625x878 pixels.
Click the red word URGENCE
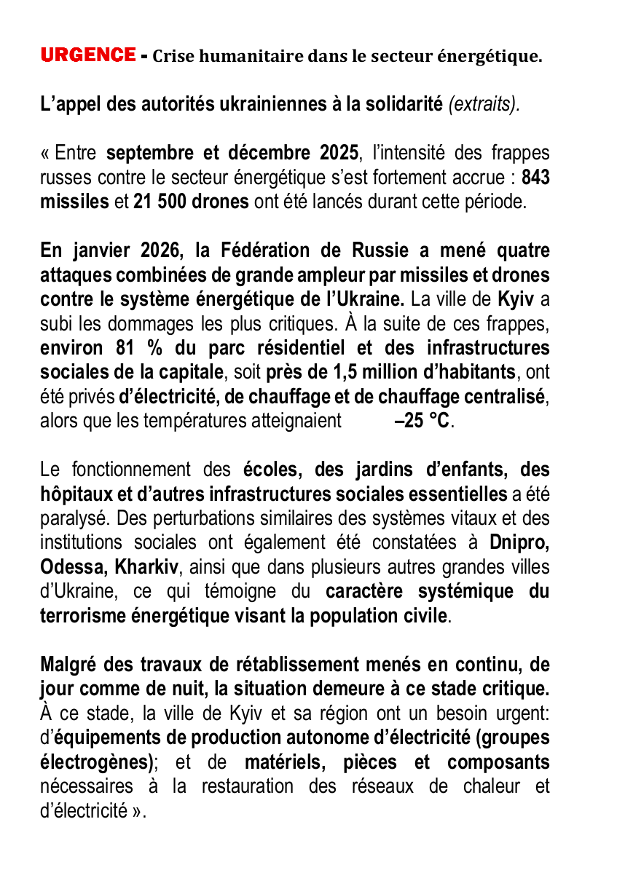click(x=87, y=55)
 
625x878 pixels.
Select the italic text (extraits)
click(x=484, y=104)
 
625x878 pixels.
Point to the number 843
click(x=535, y=178)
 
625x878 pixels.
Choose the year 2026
click(x=159, y=251)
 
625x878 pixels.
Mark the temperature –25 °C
click(x=417, y=422)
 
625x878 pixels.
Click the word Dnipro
click(x=519, y=542)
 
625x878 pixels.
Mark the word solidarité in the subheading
click(x=404, y=104)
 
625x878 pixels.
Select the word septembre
click(x=151, y=154)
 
